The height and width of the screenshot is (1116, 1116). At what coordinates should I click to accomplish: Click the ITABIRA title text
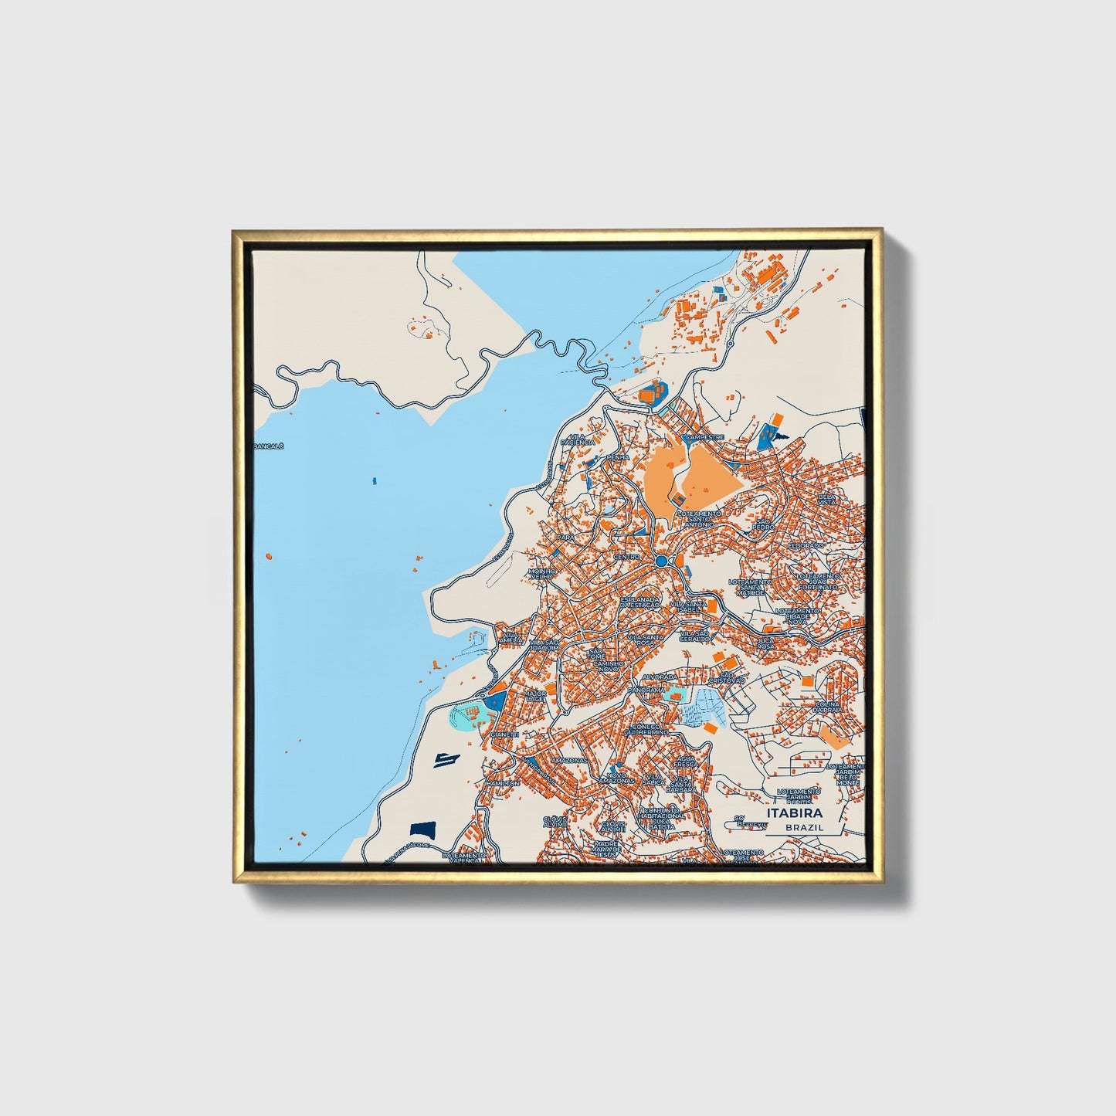click(x=795, y=813)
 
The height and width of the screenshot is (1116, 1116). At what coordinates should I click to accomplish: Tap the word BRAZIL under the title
click(x=804, y=827)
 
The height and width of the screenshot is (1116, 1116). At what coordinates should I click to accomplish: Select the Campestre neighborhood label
click(x=704, y=436)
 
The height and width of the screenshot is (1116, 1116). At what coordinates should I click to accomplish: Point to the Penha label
click(x=618, y=457)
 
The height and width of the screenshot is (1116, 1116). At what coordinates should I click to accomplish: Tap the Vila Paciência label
click(x=581, y=439)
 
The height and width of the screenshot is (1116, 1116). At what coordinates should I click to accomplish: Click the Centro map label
click(x=626, y=557)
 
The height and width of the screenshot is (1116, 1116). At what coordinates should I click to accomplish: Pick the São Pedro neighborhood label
click(x=764, y=524)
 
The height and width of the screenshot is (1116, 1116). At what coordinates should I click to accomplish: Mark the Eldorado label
click(x=806, y=546)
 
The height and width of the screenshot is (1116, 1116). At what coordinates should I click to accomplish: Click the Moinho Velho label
click(x=541, y=576)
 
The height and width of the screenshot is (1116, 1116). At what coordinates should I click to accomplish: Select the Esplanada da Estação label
click(x=640, y=602)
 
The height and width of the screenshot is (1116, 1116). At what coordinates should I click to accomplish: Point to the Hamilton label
click(x=504, y=783)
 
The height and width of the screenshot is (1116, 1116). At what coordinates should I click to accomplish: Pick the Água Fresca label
click(x=685, y=762)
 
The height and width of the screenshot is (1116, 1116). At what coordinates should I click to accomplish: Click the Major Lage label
click(x=534, y=697)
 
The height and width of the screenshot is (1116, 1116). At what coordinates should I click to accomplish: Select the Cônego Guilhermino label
click(x=646, y=730)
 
